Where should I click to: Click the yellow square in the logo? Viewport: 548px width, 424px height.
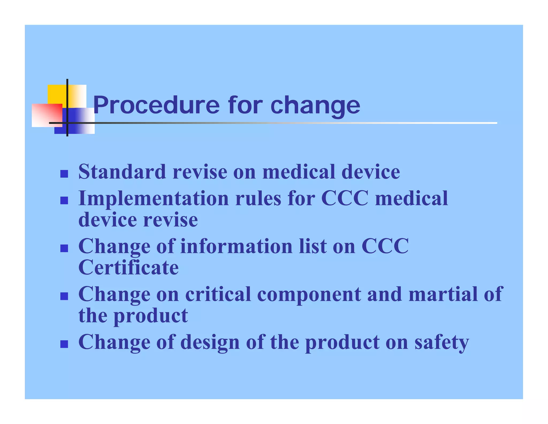pos(57,94)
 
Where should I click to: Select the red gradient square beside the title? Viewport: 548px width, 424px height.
pos(47,115)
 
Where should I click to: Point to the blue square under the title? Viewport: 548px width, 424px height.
pos(80,121)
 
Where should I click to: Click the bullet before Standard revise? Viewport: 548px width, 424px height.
pos(64,174)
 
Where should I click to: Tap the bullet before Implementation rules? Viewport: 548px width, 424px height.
pos(64,200)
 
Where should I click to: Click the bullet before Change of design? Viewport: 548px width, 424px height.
pos(64,344)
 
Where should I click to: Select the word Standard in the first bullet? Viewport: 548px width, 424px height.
pos(122,172)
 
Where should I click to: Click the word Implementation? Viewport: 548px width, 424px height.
pos(154,199)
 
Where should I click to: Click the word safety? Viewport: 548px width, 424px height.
pos(442,343)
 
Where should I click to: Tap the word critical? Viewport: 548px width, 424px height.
pos(218,294)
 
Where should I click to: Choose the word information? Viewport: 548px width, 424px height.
pos(237,247)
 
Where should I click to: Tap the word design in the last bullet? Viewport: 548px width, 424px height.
pos(210,343)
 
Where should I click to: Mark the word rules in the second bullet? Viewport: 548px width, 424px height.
pos(258,199)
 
